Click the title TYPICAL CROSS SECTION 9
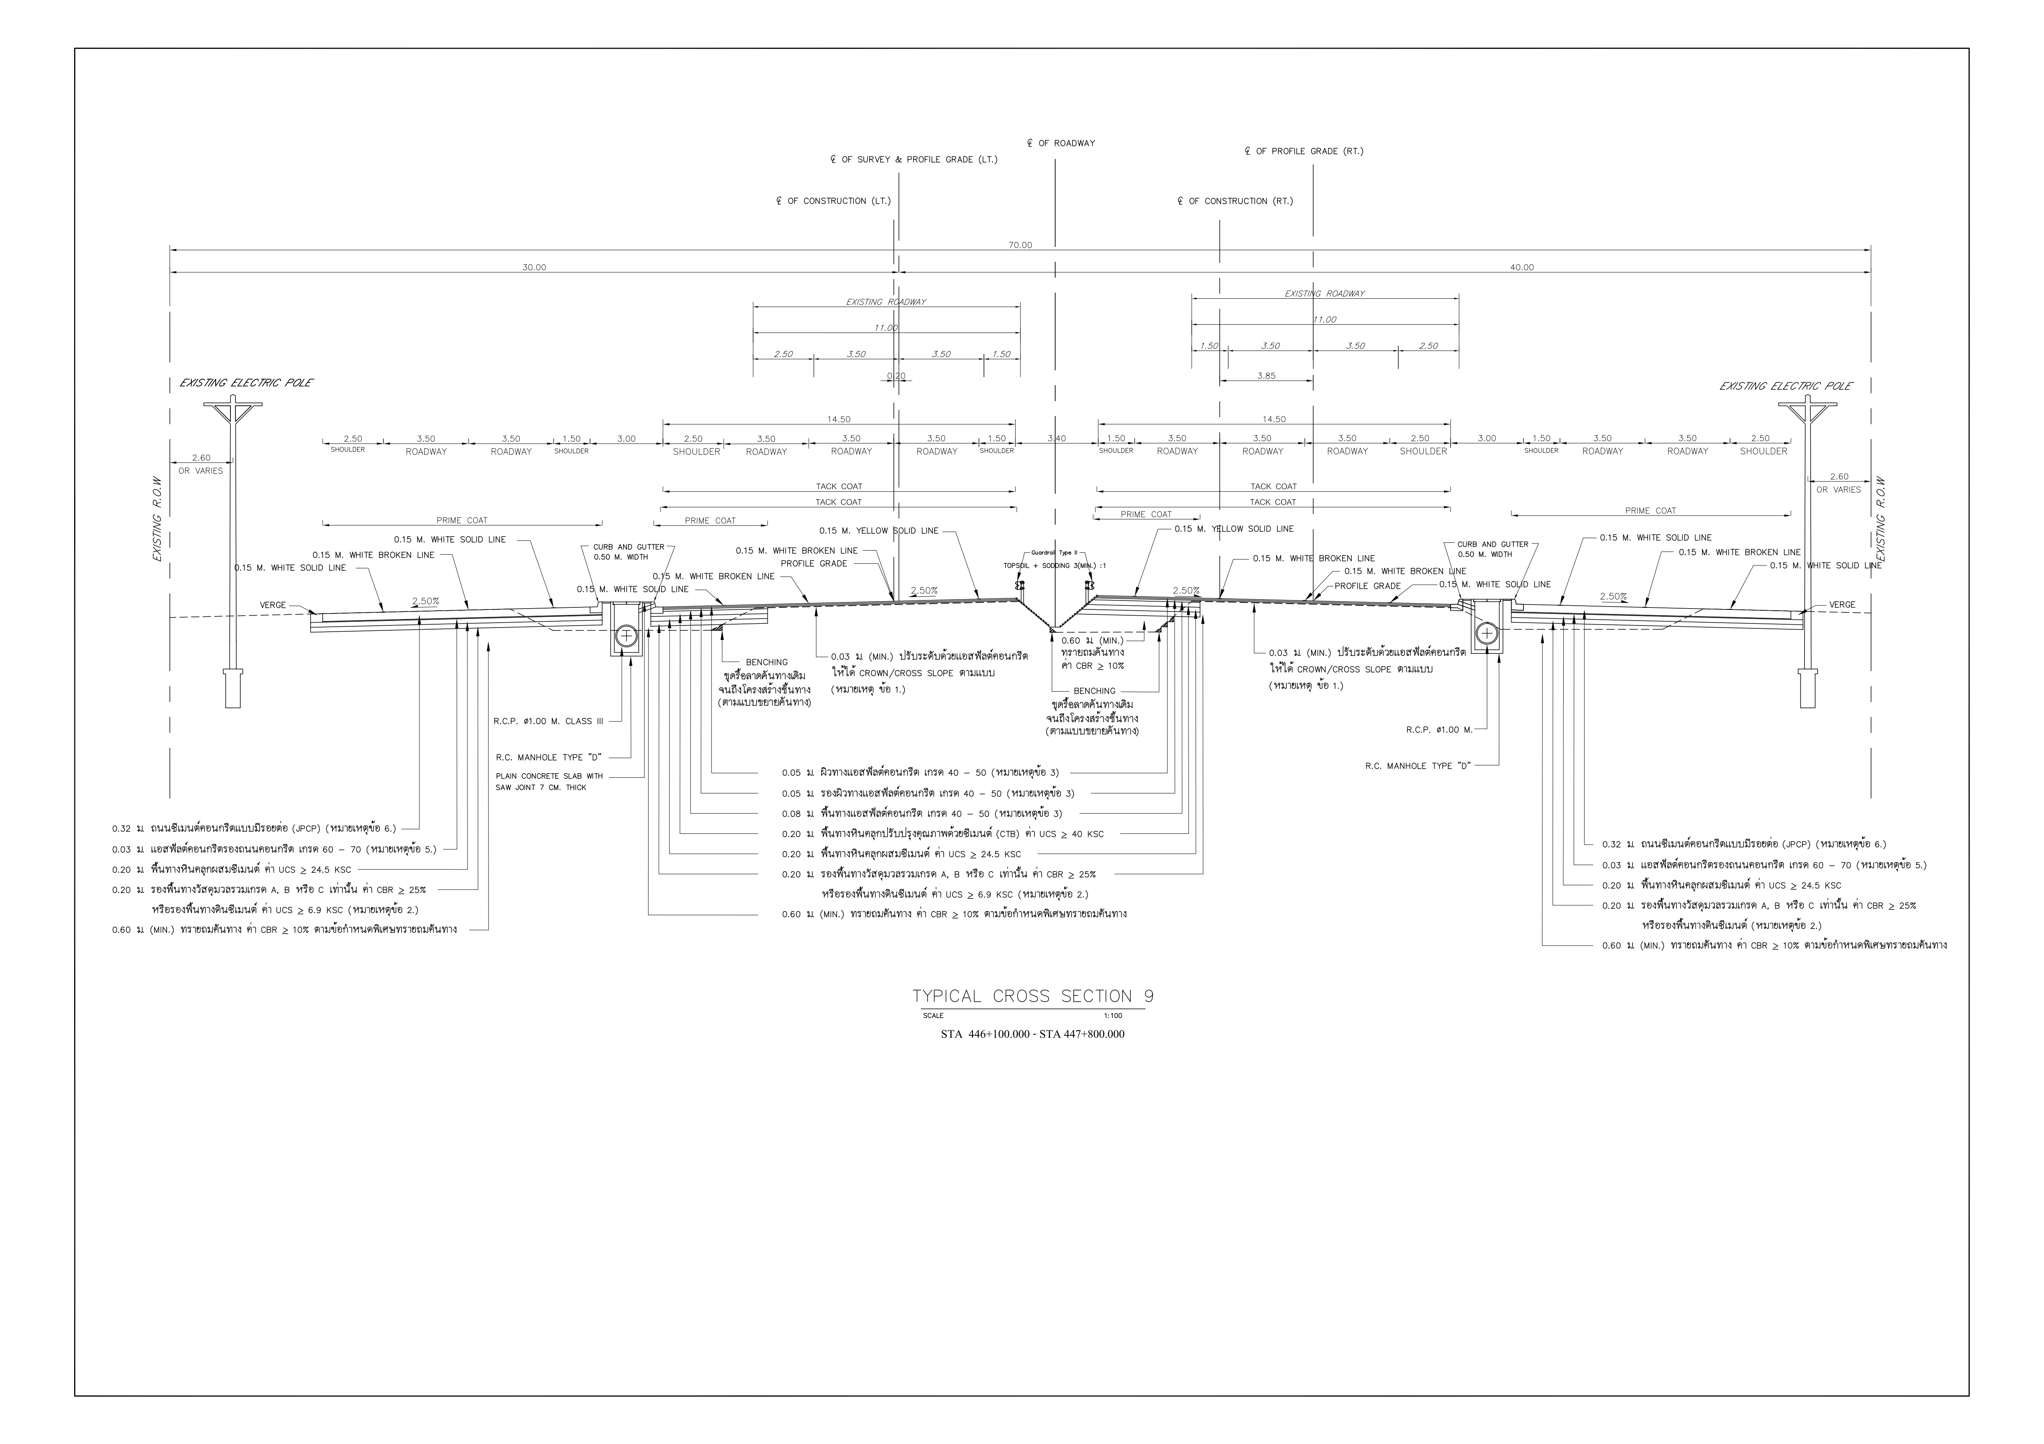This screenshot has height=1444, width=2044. point(1032,996)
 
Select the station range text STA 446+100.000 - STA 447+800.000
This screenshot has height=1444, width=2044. point(1032,1035)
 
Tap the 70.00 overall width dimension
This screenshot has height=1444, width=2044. point(1020,245)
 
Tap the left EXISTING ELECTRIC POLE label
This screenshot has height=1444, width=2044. point(246,383)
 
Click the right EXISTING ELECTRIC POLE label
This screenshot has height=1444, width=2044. point(1786,386)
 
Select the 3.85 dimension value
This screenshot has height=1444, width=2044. point(1266,376)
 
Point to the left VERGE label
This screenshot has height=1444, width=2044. point(273,605)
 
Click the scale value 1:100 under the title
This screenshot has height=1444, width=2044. point(1113,1015)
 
